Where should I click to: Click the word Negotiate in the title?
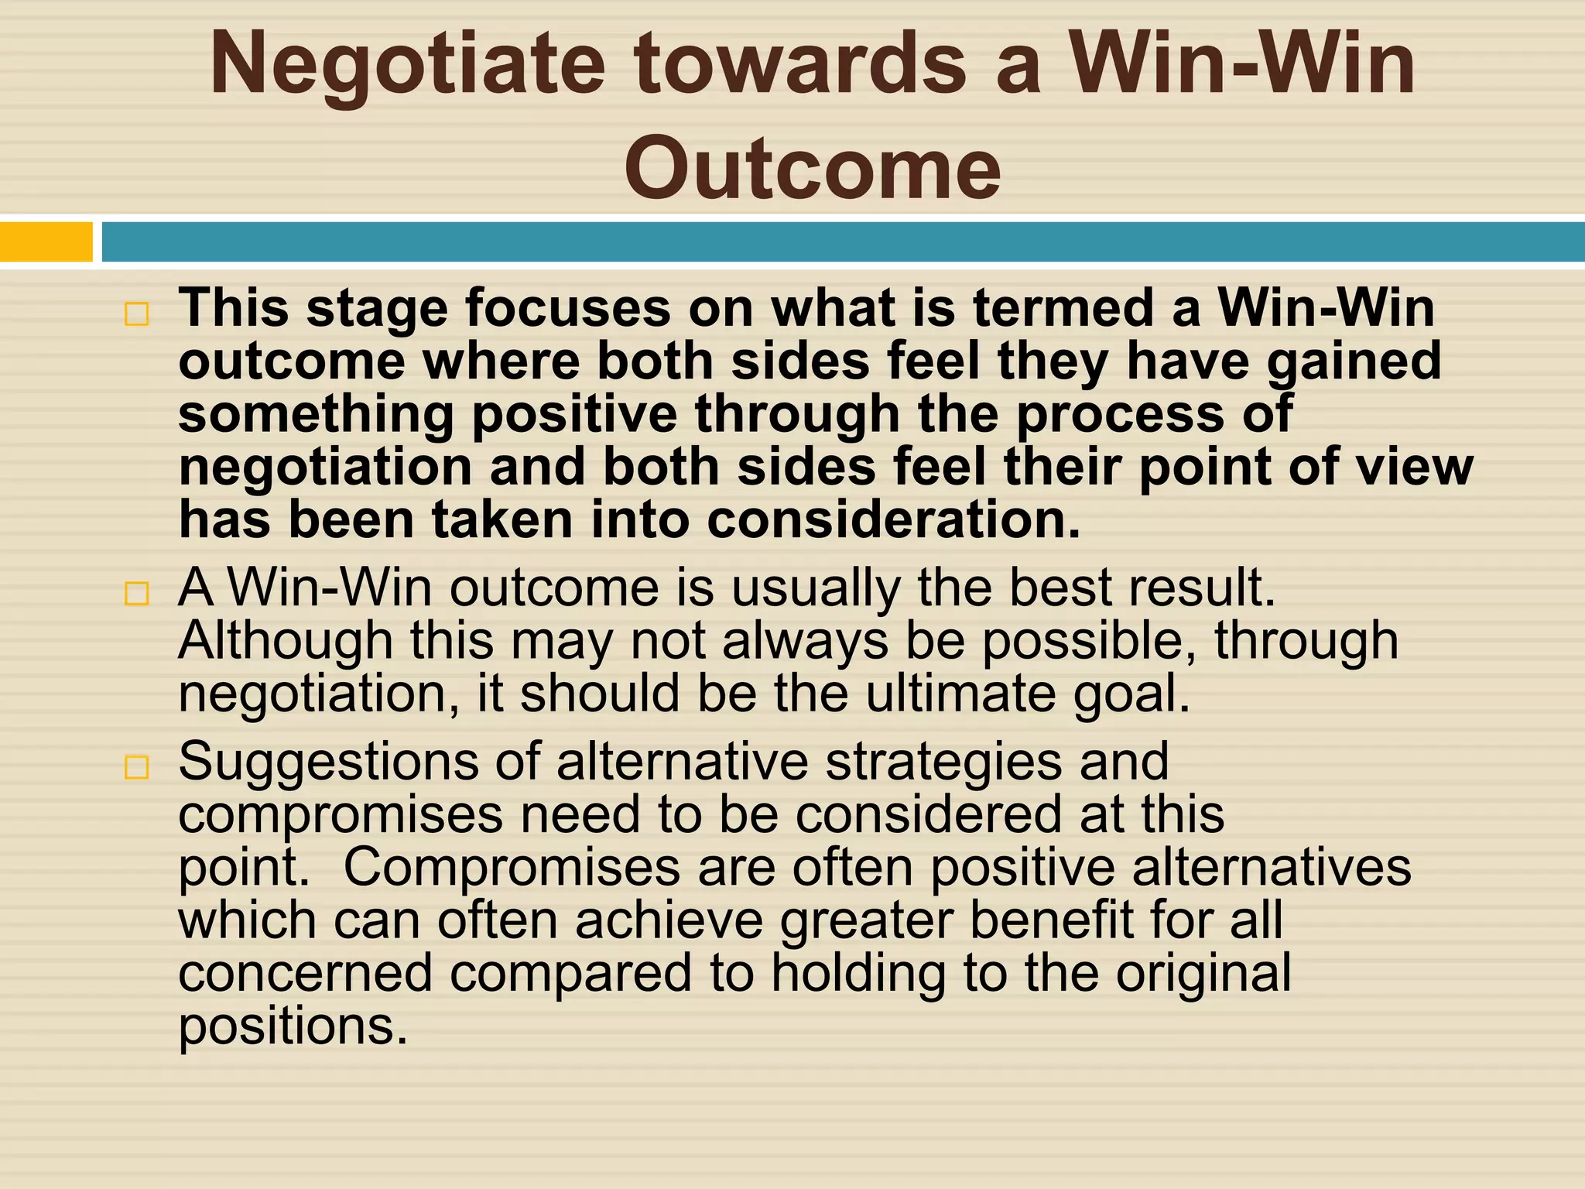(x=407, y=66)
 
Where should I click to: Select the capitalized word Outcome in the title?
(x=813, y=167)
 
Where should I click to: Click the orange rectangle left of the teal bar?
(x=46, y=242)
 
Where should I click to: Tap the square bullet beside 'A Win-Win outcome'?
(x=136, y=594)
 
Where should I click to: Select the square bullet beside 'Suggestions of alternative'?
(x=136, y=767)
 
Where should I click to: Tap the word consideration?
(x=893, y=519)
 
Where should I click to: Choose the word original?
(x=1203, y=974)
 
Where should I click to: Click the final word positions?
(x=293, y=1027)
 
